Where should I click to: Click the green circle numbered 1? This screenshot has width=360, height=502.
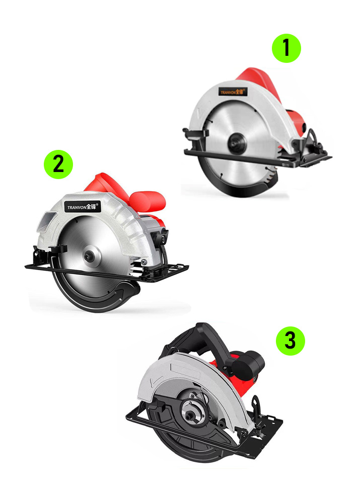(286, 48)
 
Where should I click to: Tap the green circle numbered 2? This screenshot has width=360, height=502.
(58, 164)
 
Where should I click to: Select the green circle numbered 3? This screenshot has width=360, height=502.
(291, 341)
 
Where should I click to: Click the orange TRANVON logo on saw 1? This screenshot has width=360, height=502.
(233, 92)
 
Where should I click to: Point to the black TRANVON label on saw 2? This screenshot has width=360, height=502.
(83, 207)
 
